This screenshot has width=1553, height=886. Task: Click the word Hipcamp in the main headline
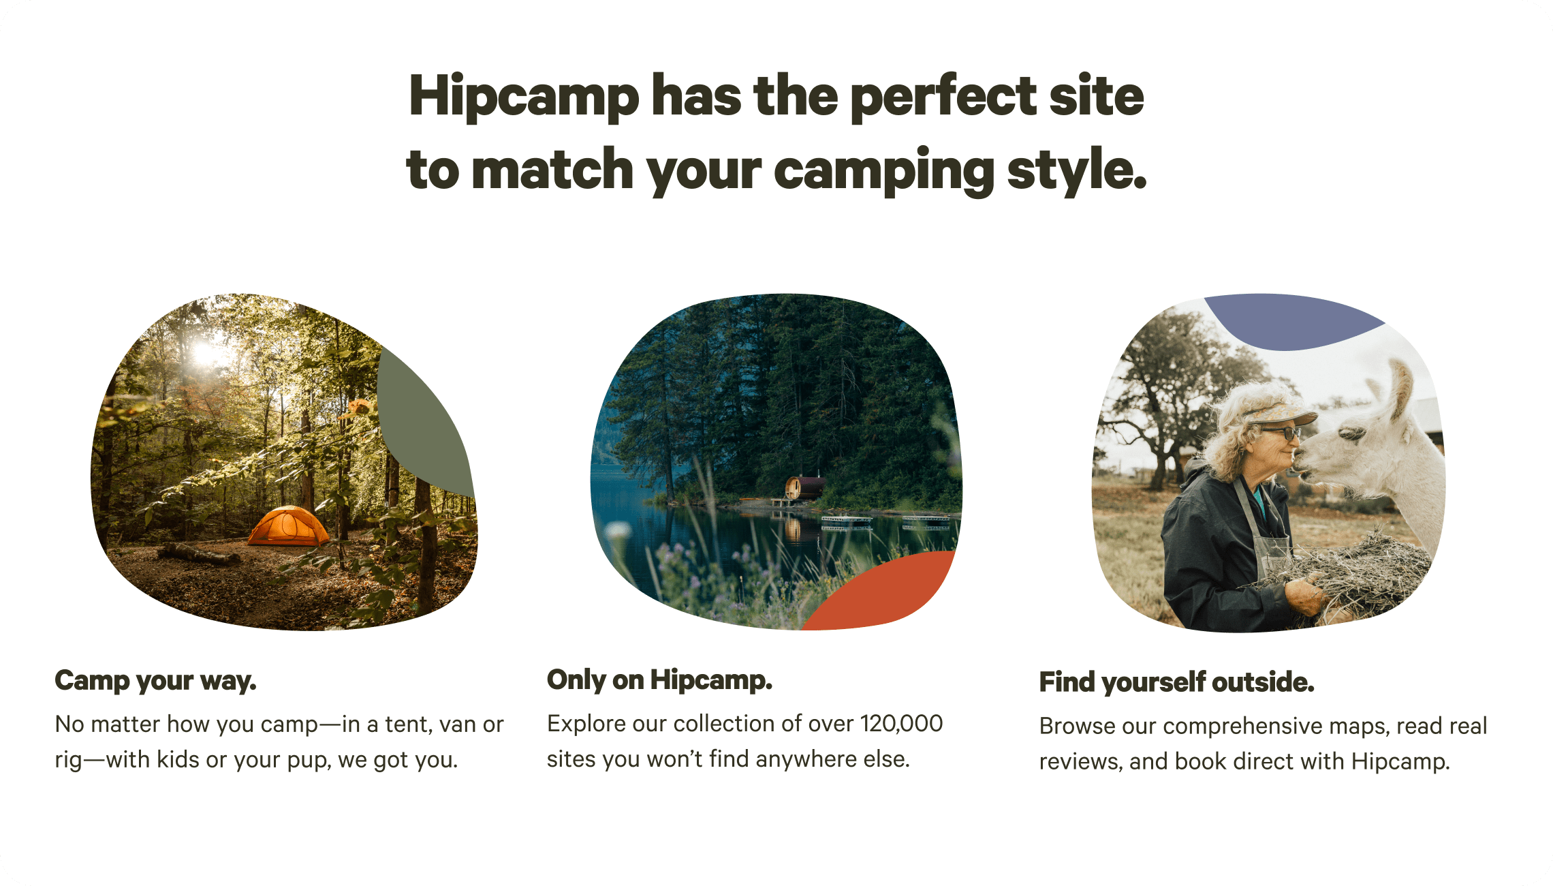point(524,97)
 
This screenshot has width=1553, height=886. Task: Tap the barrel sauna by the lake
point(804,487)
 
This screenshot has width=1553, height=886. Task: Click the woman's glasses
point(1281,431)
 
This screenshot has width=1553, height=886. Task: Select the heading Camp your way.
point(155,681)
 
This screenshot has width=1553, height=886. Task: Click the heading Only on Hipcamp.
point(659,679)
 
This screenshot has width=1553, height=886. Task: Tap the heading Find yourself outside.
point(1176,682)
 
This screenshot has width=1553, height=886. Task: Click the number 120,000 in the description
point(901,723)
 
